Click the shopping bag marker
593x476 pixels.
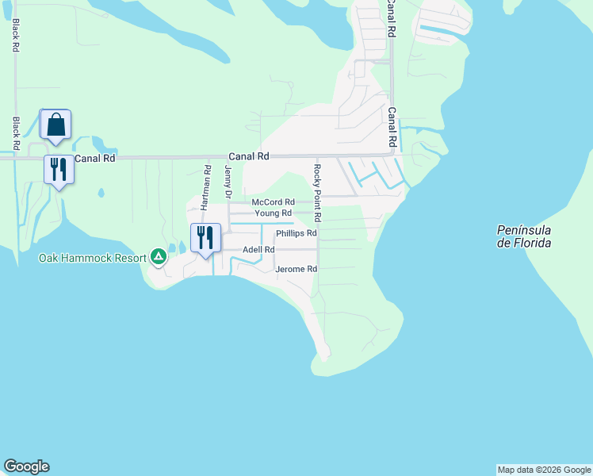(x=55, y=125)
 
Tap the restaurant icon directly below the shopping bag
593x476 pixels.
(x=59, y=170)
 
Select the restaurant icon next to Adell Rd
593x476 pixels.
(x=205, y=237)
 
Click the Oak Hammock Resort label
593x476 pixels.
(x=93, y=258)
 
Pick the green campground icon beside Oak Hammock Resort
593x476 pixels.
(x=159, y=256)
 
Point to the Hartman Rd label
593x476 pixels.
(x=206, y=186)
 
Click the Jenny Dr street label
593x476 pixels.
(x=228, y=182)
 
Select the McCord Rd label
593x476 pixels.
(x=274, y=202)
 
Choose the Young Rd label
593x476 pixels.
(x=274, y=213)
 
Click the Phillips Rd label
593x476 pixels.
(x=296, y=233)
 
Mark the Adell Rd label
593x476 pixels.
(x=258, y=249)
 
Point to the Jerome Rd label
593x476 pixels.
(x=296, y=270)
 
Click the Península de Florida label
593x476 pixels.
(x=524, y=236)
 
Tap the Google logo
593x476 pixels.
(x=26, y=466)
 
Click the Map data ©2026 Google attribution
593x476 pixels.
(x=544, y=470)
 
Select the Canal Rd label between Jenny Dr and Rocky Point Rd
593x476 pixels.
(x=249, y=157)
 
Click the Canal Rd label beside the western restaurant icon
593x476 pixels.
(x=95, y=159)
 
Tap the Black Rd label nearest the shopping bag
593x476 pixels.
(x=16, y=132)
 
